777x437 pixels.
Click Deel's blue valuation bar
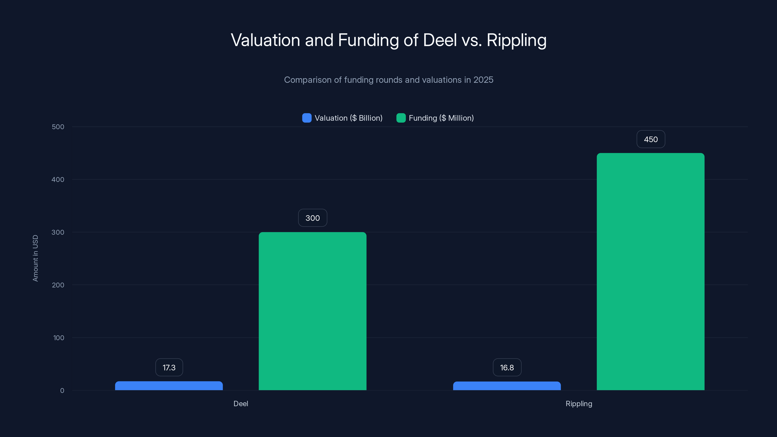169,386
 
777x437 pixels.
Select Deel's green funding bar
312,311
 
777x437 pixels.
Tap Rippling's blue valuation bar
507,386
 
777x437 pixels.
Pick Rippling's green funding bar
651,271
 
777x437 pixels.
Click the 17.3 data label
169,367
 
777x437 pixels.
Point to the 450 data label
651,139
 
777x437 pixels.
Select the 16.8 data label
507,367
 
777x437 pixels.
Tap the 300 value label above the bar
312,218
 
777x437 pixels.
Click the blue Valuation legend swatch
307,118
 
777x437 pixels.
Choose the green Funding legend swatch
401,118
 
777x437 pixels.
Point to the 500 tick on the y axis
58,127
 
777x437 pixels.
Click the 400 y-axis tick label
58,180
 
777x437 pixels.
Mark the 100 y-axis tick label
59,338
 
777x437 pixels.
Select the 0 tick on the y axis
62,391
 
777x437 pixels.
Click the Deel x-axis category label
241,403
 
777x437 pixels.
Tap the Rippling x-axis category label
579,403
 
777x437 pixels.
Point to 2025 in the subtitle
483,80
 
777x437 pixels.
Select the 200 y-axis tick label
58,285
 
